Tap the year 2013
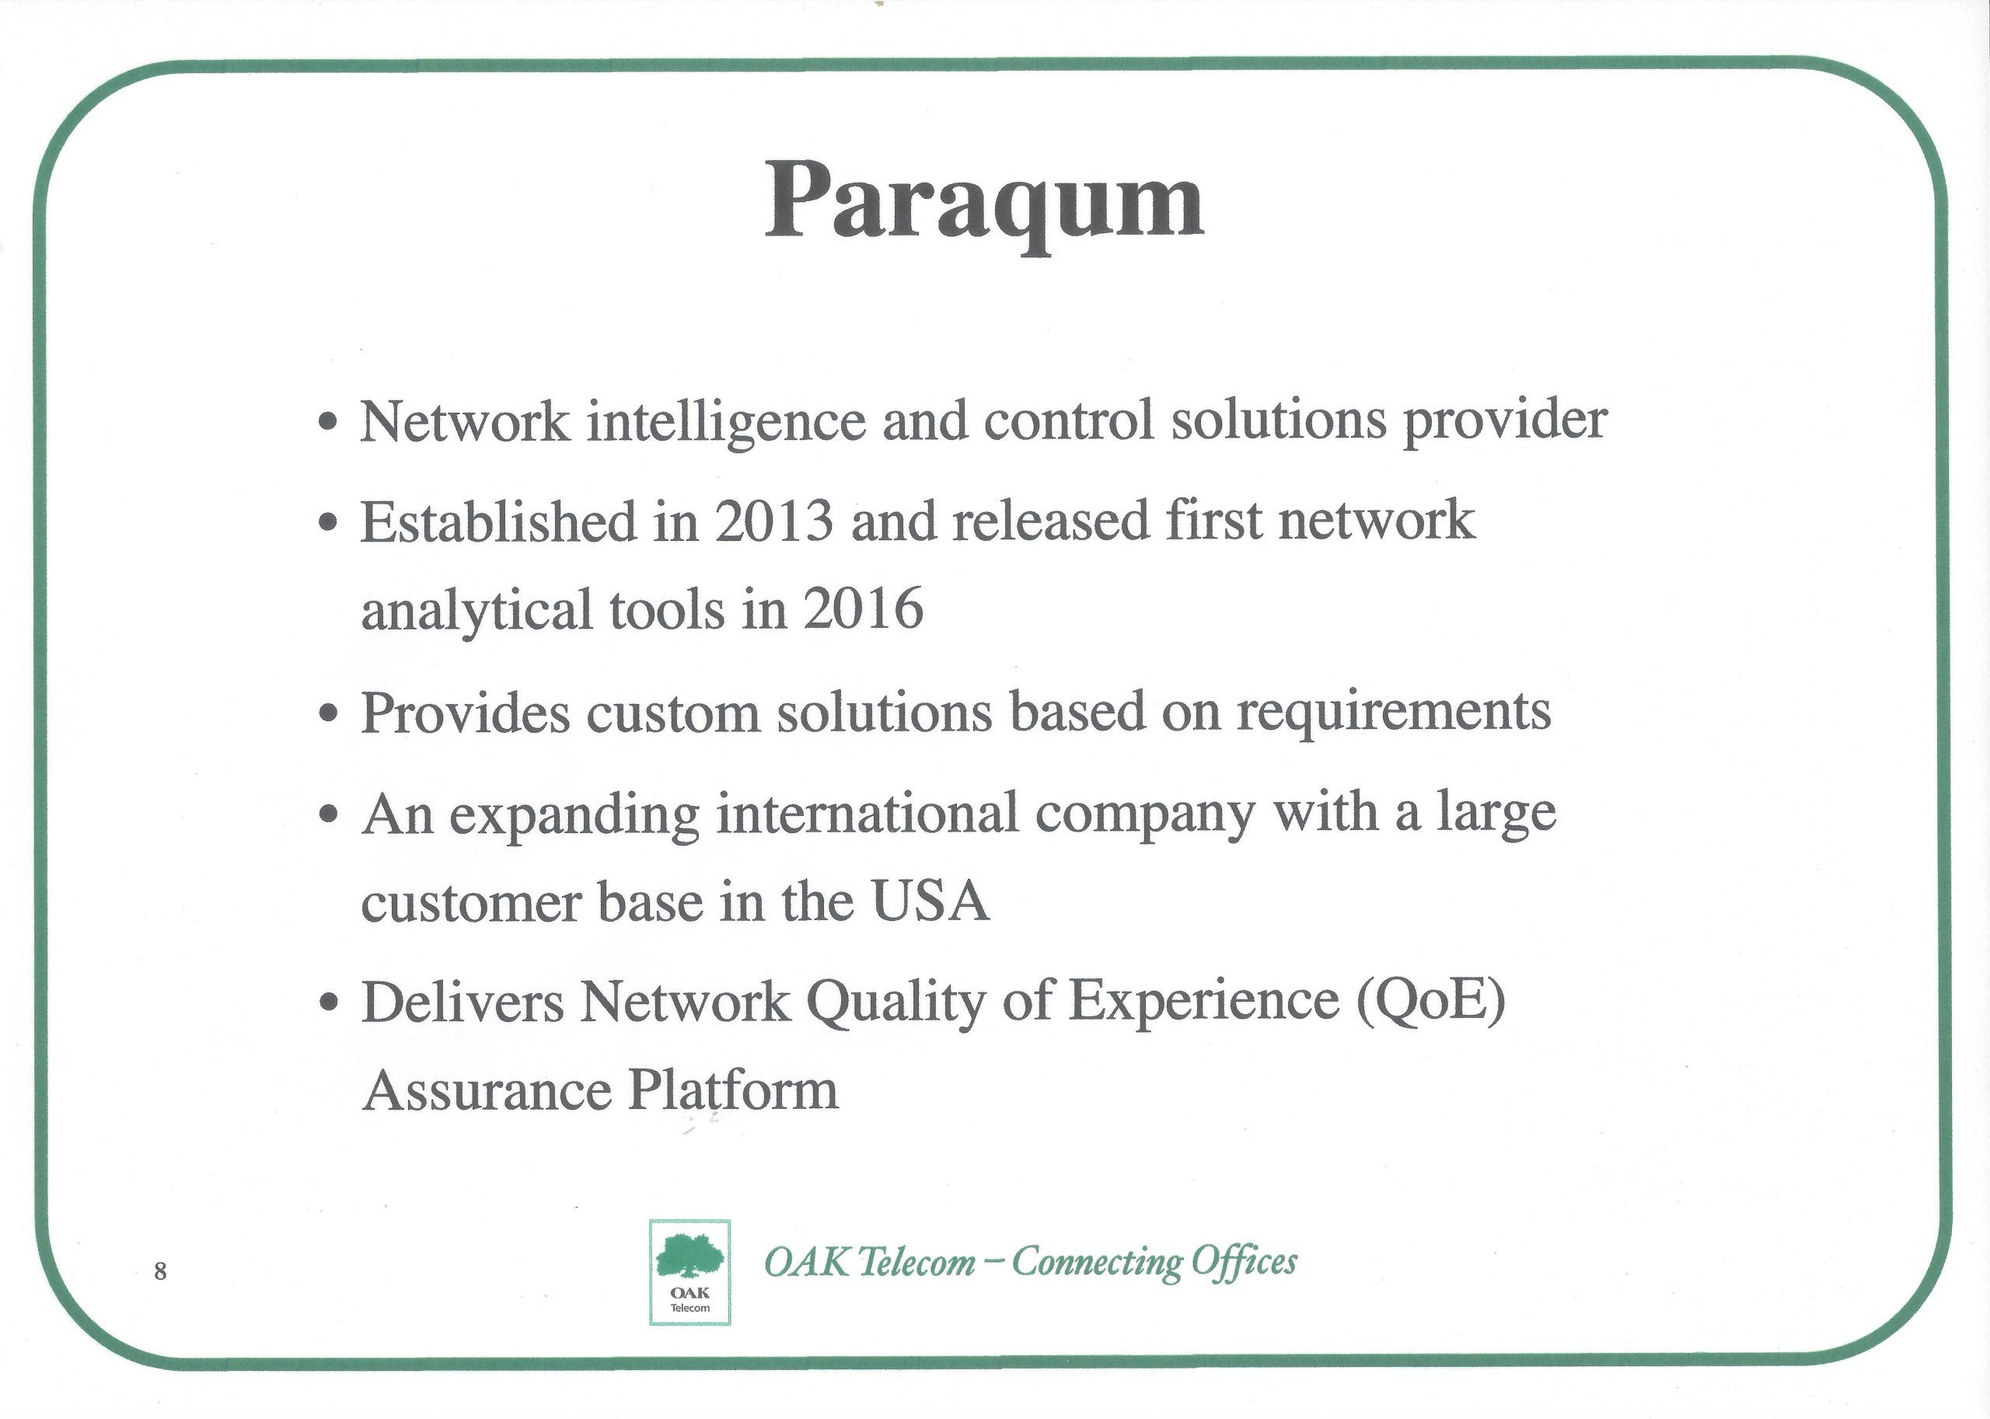point(773,521)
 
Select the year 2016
point(864,609)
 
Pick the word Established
point(499,521)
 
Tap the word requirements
point(1394,713)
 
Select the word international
point(868,814)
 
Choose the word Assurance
point(487,1090)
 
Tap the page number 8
point(160,1271)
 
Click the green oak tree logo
point(690,1257)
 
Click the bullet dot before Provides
point(328,715)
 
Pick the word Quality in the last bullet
point(895,1003)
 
